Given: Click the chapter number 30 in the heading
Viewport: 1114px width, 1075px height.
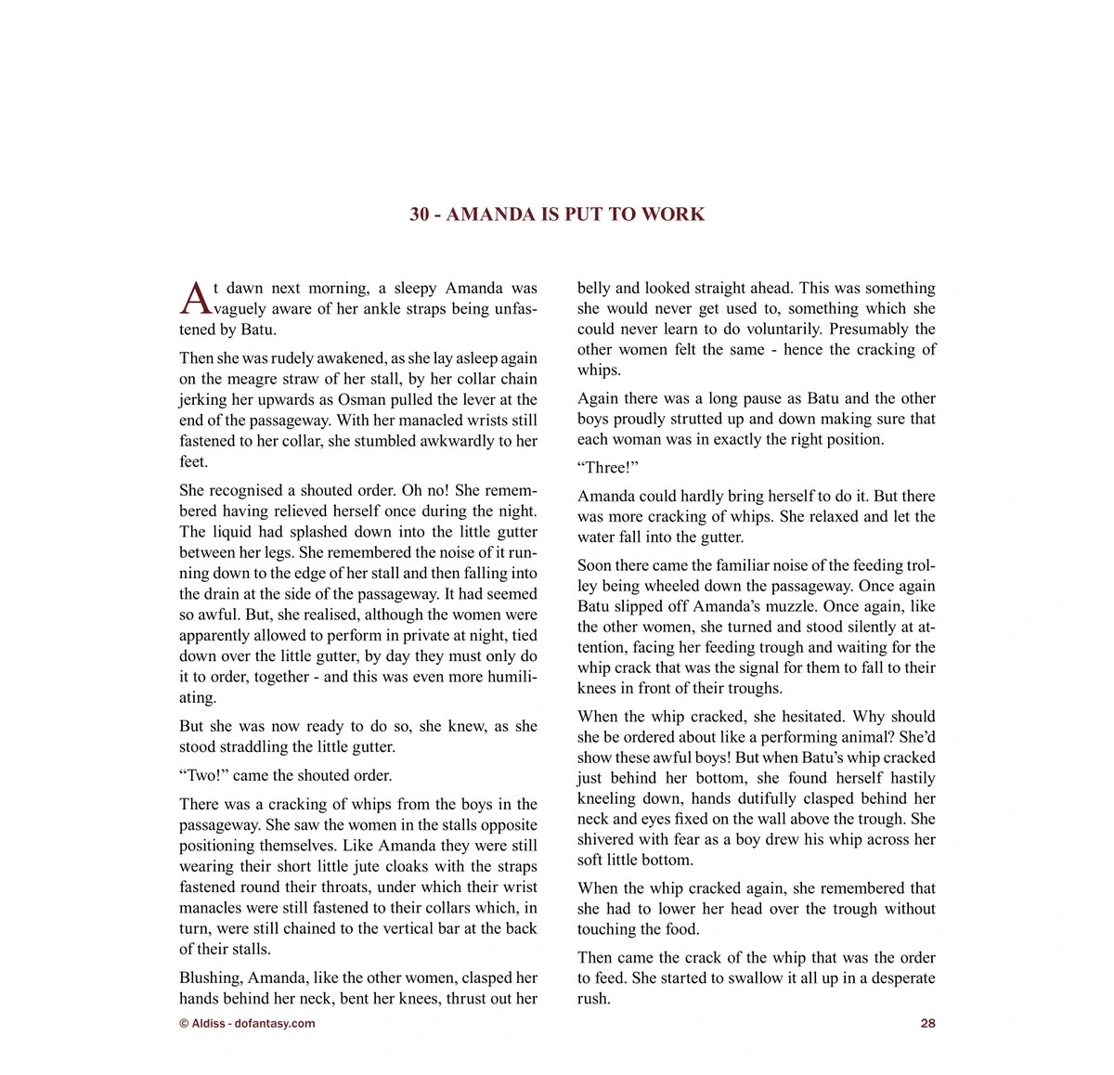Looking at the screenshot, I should tap(420, 214).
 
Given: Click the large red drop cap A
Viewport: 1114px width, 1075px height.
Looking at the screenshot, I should tap(195, 298).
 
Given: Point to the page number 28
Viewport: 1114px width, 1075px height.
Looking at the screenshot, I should tap(927, 1023).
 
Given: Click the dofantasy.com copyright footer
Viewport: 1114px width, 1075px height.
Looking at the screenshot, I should tap(247, 1023).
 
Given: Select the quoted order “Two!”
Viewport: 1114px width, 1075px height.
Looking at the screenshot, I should tap(203, 775).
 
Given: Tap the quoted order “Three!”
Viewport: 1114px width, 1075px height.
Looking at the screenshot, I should tap(608, 467).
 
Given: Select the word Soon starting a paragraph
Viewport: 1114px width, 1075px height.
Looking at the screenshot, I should tap(594, 564).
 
